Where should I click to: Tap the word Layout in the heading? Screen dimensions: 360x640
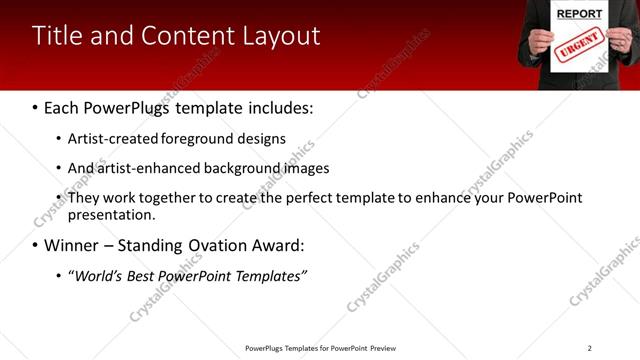point(282,36)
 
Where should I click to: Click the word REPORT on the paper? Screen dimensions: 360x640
point(579,14)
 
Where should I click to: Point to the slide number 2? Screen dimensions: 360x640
point(589,348)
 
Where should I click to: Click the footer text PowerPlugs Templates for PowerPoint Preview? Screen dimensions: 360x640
point(320,348)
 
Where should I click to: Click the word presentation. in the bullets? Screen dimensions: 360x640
point(111,214)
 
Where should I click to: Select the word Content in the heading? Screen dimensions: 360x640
point(192,36)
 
